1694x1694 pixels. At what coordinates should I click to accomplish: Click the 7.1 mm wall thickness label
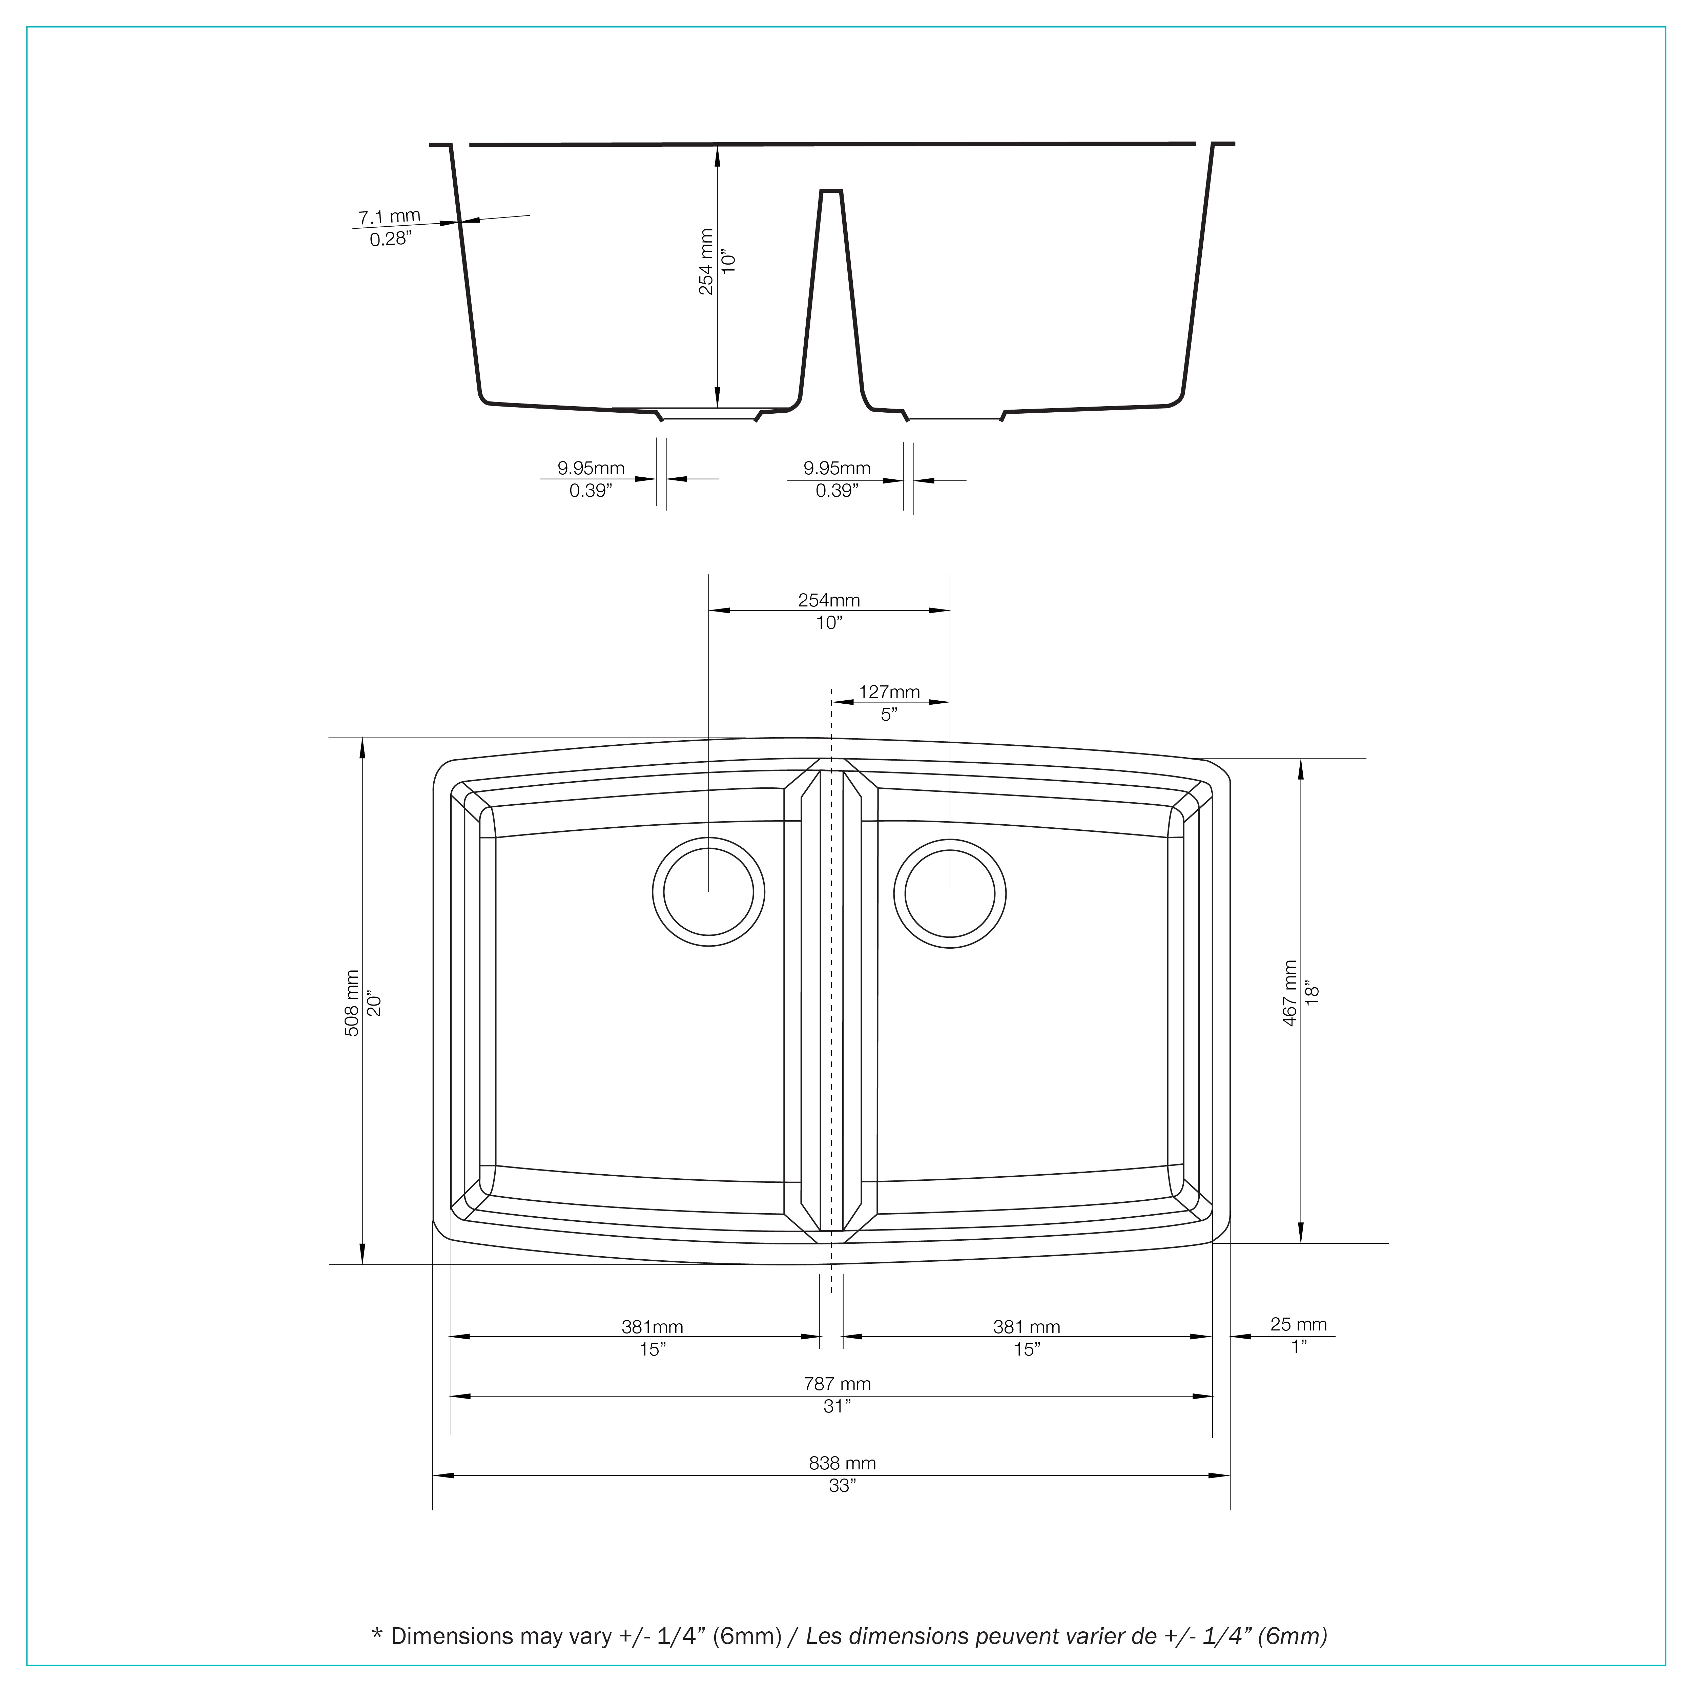[x=389, y=216]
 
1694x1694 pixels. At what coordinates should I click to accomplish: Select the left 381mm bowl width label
[x=652, y=1327]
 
